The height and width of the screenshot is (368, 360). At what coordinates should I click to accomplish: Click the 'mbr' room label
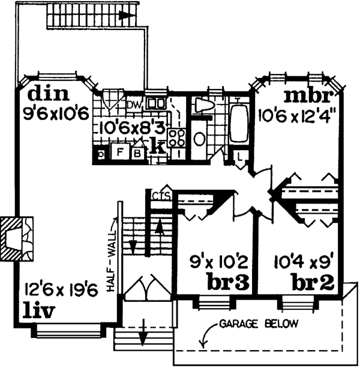pyautogui.click(x=306, y=96)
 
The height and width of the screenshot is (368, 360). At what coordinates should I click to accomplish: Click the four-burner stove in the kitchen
pyautogui.click(x=178, y=138)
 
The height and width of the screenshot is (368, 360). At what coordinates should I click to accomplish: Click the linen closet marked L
pyautogui.click(x=239, y=157)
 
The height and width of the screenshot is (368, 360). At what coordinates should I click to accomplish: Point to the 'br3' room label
pyautogui.click(x=227, y=282)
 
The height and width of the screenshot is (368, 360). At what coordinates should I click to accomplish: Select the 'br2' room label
pyautogui.click(x=313, y=282)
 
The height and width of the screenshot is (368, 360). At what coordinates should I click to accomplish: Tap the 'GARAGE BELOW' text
pyautogui.click(x=259, y=324)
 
